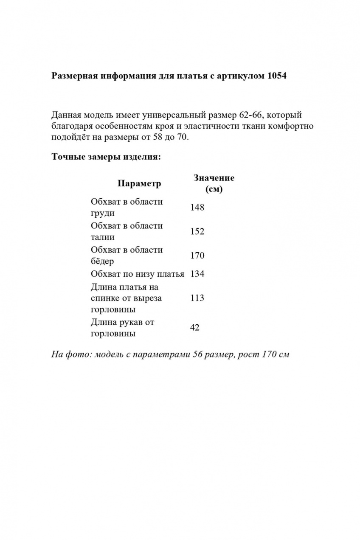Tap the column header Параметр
tap(139, 183)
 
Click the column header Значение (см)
tap(214, 183)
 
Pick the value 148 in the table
tap(197, 208)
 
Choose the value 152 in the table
tap(197, 232)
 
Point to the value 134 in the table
tap(197, 274)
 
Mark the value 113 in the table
tap(197, 298)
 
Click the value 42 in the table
tap(195, 328)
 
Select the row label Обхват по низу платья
tap(138, 274)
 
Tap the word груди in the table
tap(102, 214)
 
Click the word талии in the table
tap(102, 237)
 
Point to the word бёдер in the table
tap(102, 262)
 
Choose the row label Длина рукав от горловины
tap(122, 328)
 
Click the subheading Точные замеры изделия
tap(106, 157)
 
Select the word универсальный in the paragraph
tap(174, 115)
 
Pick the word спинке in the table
tap(105, 298)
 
